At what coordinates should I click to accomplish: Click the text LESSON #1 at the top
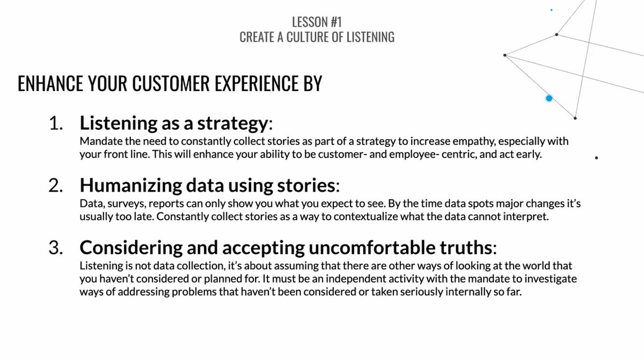pos(317,22)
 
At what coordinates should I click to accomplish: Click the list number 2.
pos(56,186)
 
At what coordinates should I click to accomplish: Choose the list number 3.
pos(56,248)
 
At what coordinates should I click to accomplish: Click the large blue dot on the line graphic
pos(549,98)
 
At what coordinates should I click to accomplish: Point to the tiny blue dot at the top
pos(552,10)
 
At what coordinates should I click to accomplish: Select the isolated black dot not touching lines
pos(597,158)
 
